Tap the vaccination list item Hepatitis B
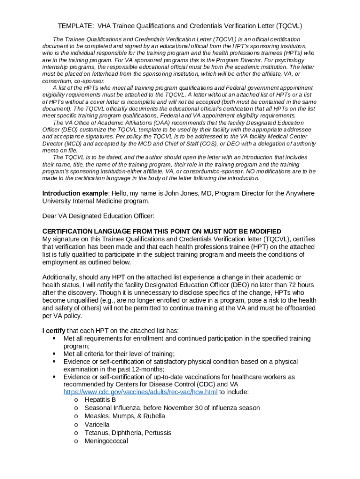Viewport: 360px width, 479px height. (100, 400)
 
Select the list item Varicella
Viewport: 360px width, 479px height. (97, 424)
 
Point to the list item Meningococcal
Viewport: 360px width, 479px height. (106, 441)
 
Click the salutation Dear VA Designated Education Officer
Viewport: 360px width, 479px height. (98, 216)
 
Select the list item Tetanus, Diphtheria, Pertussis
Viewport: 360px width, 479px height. (128, 433)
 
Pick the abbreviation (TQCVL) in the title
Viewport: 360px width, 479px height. (287, 26)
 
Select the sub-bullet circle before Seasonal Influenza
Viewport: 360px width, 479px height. (76, 408)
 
